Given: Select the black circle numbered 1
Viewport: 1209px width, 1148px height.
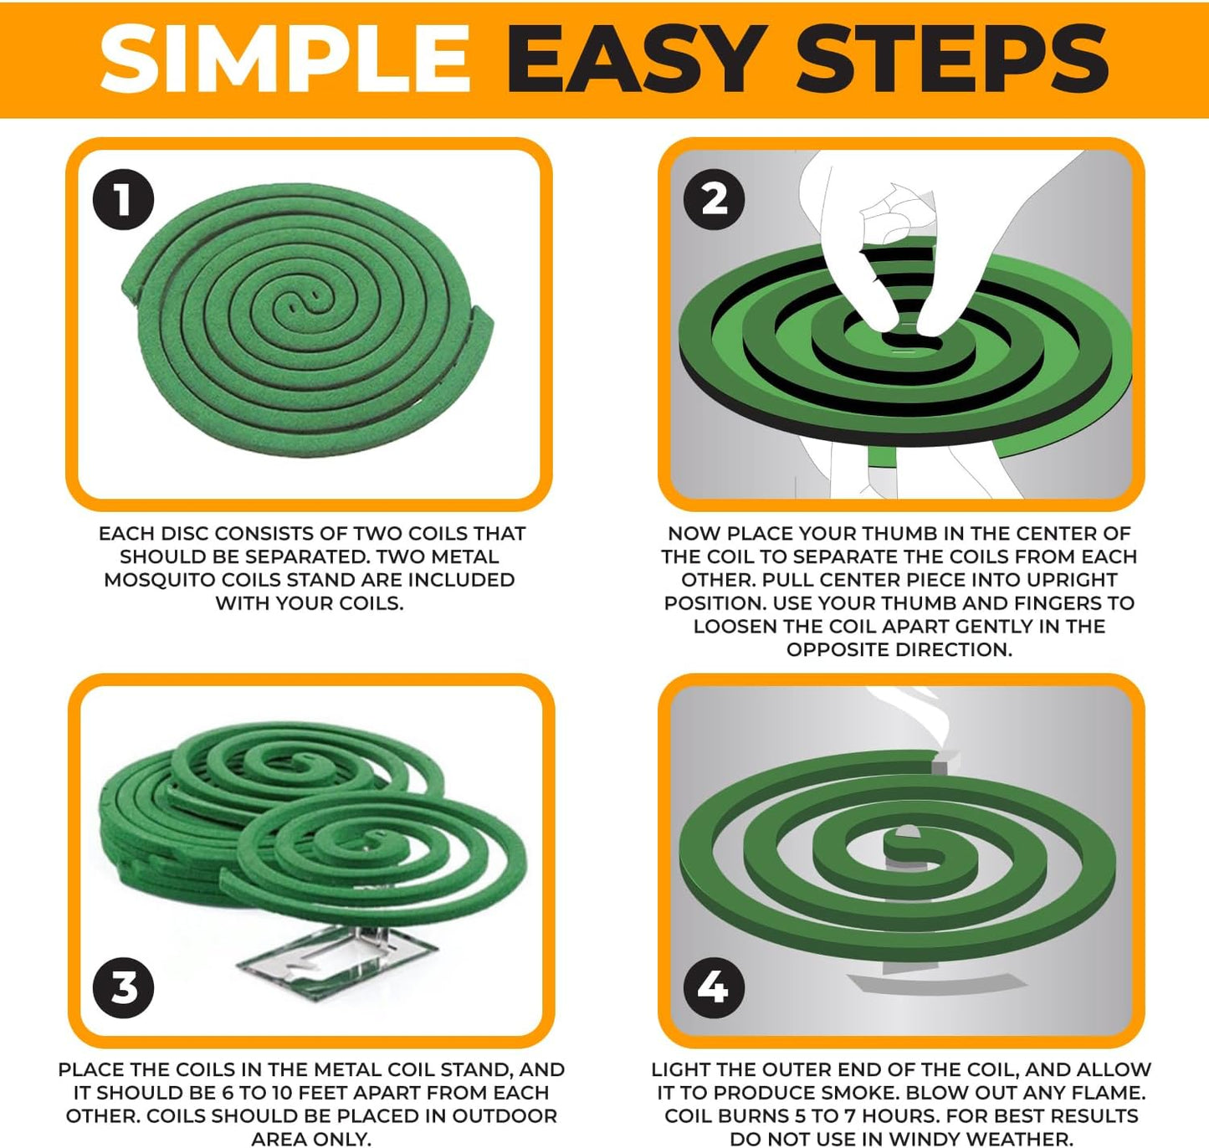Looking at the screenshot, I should tap(123, 201).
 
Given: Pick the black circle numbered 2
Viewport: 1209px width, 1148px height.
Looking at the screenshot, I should tap(714, 200).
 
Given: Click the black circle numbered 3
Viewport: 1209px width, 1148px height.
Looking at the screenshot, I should tap(123, 987).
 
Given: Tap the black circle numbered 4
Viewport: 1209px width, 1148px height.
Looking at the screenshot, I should tap(714, 987).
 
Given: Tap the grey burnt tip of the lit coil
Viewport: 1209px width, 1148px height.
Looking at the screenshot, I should tap(939, 766).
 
